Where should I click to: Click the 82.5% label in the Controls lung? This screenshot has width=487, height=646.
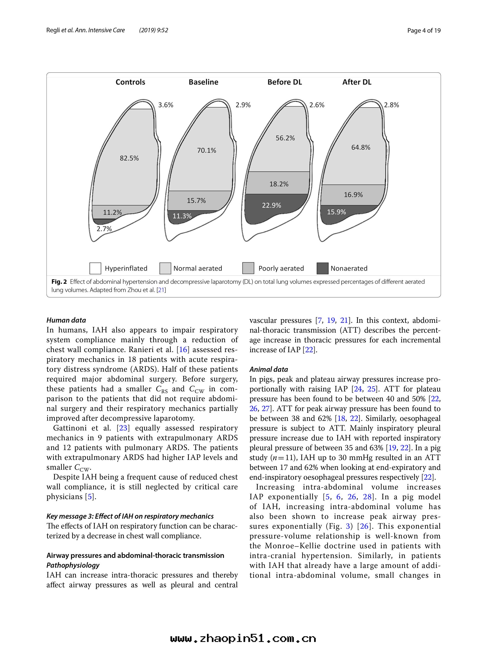coord(129,158)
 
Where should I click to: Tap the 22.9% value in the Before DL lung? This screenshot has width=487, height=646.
coord(272,205)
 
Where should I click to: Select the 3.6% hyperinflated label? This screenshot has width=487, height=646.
coord(166,105)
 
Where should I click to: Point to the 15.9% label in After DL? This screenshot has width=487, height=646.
coord(336,212)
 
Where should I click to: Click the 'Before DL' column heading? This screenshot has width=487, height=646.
coord(285,82)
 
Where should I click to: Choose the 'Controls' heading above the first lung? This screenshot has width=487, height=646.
coord(131,82)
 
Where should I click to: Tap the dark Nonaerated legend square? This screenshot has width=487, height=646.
coord(322,268)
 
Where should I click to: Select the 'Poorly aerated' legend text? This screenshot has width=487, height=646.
coord(281,268)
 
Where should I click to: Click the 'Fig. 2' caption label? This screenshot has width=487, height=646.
coord(59,282)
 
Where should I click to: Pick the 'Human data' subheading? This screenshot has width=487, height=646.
coord(66,320)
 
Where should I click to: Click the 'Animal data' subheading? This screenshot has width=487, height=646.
coord(269,369)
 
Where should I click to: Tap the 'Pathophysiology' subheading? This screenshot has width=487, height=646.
coord(73,565)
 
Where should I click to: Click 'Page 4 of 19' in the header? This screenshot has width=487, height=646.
coord(424,30)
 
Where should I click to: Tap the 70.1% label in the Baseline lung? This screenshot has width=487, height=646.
coord(206,151)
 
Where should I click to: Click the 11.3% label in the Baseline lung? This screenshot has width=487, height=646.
coord(182,216)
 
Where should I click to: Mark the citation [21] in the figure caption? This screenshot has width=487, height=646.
coord(162,290)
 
